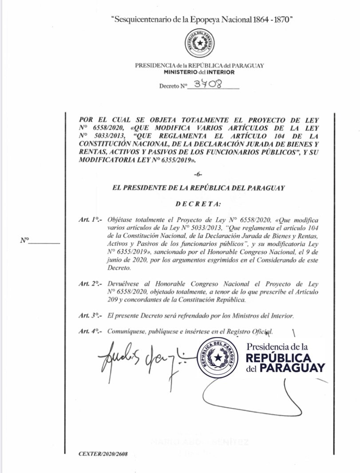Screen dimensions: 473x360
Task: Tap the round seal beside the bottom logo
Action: (x=217, y=358)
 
